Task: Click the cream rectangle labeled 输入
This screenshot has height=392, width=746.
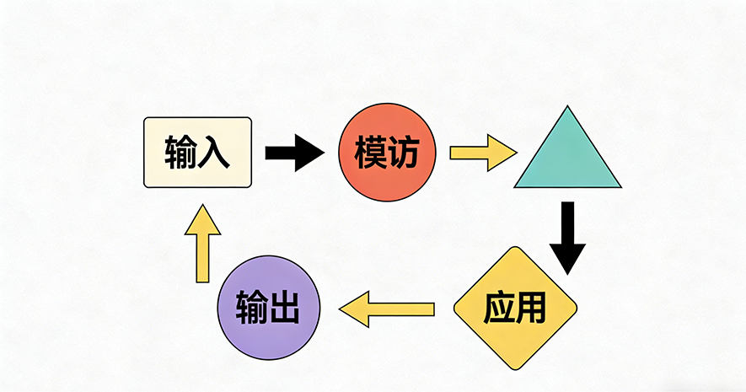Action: pyautogui.click(x=198, y=153)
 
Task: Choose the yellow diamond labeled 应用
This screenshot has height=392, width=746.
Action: pyautogui.click(x=515, y=308)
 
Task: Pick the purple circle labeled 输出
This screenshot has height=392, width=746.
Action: pyautogui.click(x=269, y=308)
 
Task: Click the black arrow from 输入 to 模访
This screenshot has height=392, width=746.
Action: pyautogui.click(x=294, y=153)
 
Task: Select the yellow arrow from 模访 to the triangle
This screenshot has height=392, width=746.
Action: pyautogui.click(x=482, y=153)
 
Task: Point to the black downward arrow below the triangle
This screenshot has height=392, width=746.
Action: pyautogui.click(x=567, y=237)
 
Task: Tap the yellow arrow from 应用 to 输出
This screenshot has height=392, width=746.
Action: pyautogui.click(x=387, y=309)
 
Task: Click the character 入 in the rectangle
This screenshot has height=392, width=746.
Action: pyautogui.click(x=214, y=153)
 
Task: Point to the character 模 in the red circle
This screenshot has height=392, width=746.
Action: pyautogui.click(x=370, y=153)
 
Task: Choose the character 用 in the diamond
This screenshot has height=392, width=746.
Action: pyautogui.click(x=532, y=309)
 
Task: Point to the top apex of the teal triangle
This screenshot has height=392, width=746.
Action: pyautogui.click(x=567, y=107)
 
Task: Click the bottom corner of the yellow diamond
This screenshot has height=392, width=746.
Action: pyautogui.click(x=515, y=368)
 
